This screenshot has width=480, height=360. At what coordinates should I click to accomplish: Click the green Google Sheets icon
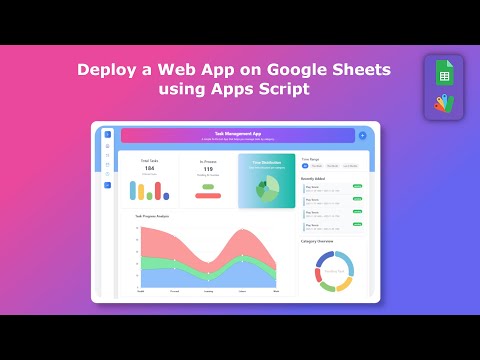coord(443,75)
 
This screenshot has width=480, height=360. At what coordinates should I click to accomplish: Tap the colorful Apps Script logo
coord(443,103)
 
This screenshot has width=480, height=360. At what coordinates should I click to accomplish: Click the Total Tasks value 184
coord(149,168)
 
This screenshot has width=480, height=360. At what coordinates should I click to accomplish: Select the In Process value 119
coord(208,169)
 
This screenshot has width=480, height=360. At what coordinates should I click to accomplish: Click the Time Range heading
coord(310,159)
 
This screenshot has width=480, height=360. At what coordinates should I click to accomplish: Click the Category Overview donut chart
coord(334,270)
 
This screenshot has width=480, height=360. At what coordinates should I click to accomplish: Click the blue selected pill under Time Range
coord(306,166)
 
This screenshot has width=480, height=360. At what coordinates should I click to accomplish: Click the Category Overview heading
coord(317,241)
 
